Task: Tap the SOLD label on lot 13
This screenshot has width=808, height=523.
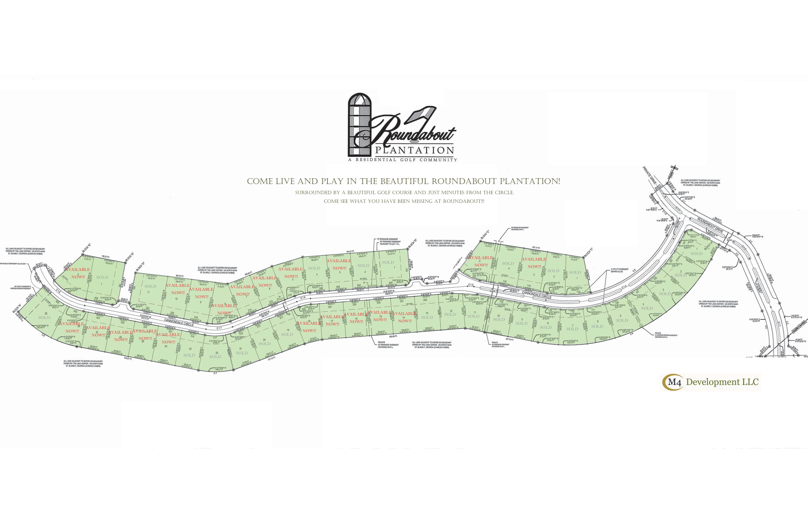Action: [427, 318]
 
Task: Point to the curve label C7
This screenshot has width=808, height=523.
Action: [215, 373]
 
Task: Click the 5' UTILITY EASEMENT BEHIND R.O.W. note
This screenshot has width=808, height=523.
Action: [620, 270]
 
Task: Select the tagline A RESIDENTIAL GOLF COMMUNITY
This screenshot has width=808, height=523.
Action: [403, 160]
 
